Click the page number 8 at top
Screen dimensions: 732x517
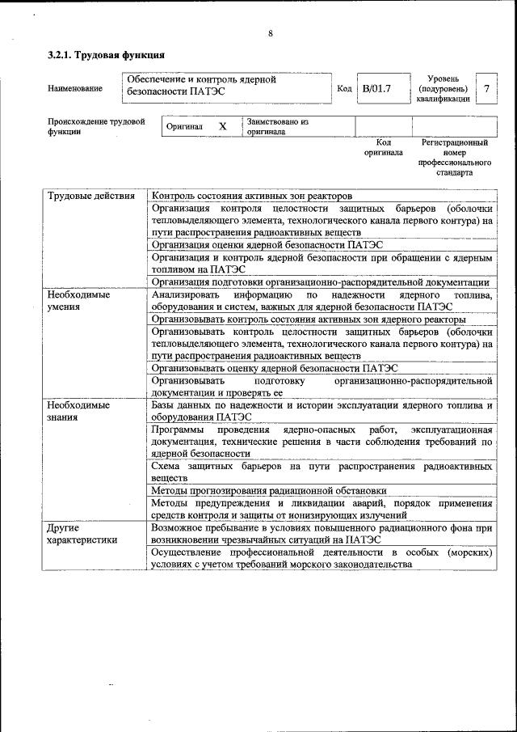271,33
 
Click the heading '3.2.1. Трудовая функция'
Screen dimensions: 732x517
107,55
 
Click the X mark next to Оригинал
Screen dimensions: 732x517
223,127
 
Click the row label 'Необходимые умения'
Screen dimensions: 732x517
78,302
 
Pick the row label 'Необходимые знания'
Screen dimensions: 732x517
78,411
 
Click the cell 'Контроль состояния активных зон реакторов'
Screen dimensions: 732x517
252,197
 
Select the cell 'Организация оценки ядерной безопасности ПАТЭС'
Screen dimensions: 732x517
267,244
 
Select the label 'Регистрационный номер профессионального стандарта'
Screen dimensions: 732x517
455,157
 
